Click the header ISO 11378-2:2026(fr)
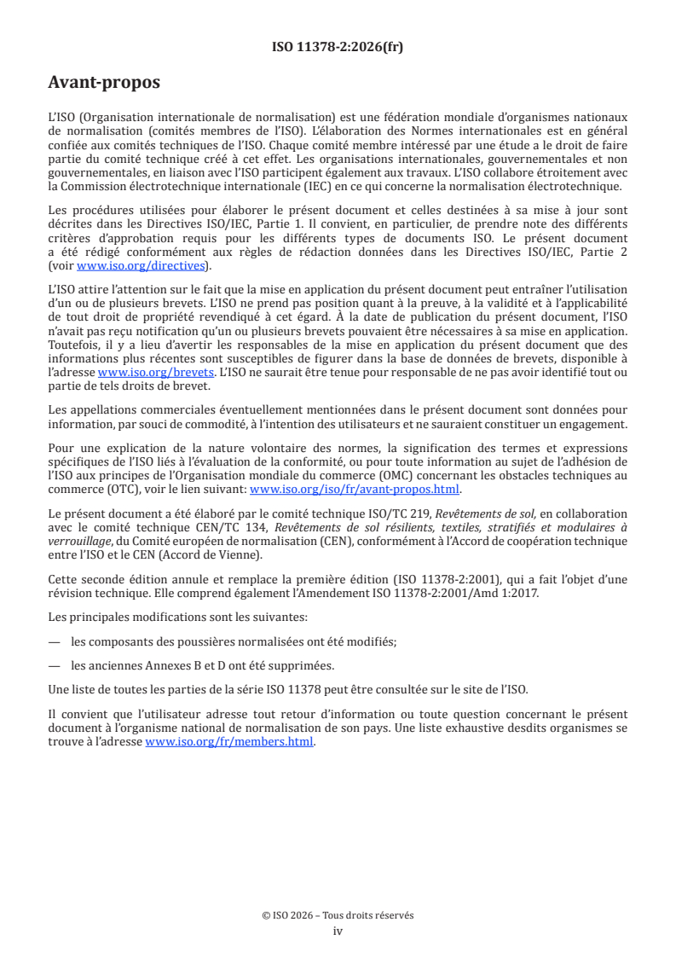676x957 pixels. pyautogui.click(x=338, y=48)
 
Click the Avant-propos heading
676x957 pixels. pyautogui.click(x=104, y=84)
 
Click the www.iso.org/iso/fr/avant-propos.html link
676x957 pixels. pyautogui.click(x=355, y=490)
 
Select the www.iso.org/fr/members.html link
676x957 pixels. pyautogui.click(x=230, y=742)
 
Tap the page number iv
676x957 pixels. pyautogui.click(x=338, y=931)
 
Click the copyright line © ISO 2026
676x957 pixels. pyautogui.click(x=338, y=915)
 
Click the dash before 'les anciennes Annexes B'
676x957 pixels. pyautogui.click(x=54, y=665)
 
